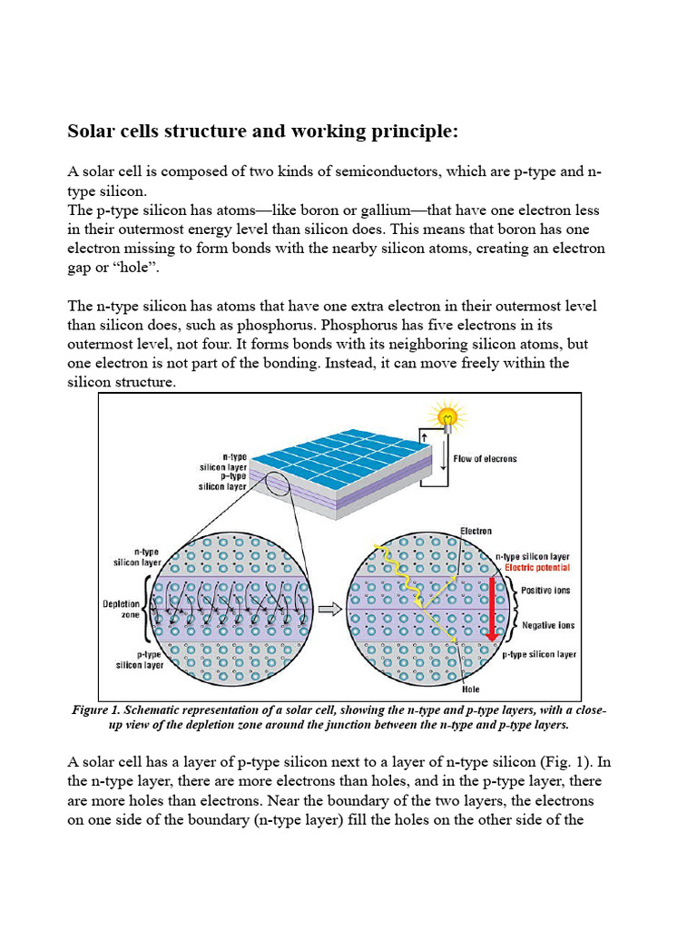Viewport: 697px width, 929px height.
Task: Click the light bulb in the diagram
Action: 447,416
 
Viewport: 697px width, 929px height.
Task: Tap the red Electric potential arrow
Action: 491,609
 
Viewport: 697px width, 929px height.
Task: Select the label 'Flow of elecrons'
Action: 485,459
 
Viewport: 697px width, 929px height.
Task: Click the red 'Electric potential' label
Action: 537,568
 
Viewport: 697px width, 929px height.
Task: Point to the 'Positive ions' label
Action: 547,591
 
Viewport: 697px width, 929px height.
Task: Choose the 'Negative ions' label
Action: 548,625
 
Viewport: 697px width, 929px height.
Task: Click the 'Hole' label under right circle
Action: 471,689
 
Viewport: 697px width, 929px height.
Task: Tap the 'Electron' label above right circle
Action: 476,531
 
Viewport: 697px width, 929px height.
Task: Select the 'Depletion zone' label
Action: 121,609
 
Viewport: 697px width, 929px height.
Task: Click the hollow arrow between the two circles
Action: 330,610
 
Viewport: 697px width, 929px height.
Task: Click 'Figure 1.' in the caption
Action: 100,710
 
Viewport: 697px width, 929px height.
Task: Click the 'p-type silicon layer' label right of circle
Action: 539,654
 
